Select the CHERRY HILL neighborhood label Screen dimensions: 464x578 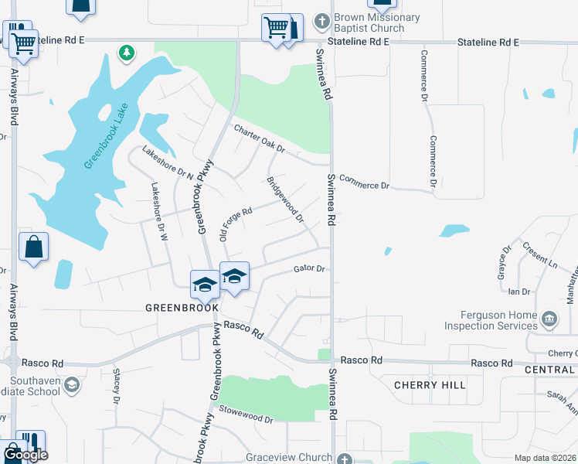(429, 385)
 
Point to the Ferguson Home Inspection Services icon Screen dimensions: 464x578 (549, 317)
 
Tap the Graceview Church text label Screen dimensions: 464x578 (290, 457)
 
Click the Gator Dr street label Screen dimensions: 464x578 (311, 269)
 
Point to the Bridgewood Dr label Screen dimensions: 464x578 (284, 200)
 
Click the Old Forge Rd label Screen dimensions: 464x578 (236, 223)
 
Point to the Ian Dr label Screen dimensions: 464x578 (519, 292)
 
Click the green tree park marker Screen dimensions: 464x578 (125, 53)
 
